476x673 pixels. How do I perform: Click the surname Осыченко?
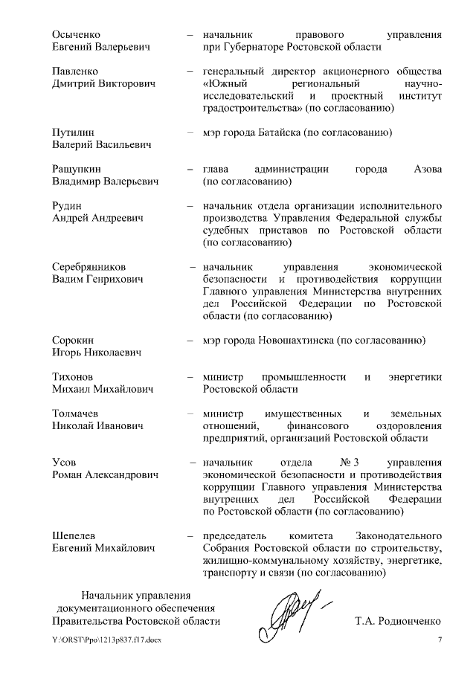77,34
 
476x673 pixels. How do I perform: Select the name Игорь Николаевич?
97,352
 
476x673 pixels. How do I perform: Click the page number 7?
439,641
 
